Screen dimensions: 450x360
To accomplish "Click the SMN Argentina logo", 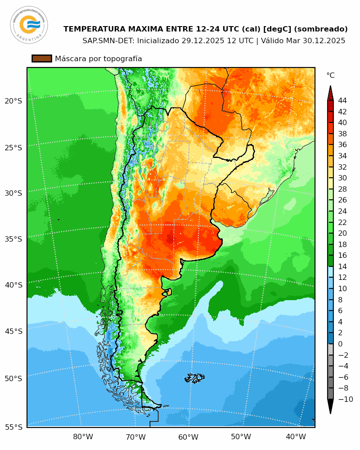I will point(29,25).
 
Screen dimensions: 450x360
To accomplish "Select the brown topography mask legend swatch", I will point(42,58).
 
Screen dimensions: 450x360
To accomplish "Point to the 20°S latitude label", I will point(13,101).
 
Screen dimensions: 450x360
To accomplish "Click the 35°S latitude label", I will point(13,239).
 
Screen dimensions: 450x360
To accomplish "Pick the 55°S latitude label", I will point(13,427).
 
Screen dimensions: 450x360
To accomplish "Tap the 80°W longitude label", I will point(83,436).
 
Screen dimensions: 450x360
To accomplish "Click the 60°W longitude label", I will point(188,436).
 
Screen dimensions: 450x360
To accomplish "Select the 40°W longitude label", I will point(296,436).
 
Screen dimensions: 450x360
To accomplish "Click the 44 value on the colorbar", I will point(342,101).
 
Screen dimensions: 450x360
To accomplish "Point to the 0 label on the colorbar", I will point(340,344).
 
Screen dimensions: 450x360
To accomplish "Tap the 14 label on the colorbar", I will point(342,266).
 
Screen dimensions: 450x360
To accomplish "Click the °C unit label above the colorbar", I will point(330,75).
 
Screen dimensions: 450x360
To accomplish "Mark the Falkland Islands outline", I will point(195,378).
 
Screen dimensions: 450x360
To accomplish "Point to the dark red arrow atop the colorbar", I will point(330,93).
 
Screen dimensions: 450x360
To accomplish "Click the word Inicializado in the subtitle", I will point(157,40).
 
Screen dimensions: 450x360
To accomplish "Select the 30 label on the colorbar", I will point(342,178).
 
